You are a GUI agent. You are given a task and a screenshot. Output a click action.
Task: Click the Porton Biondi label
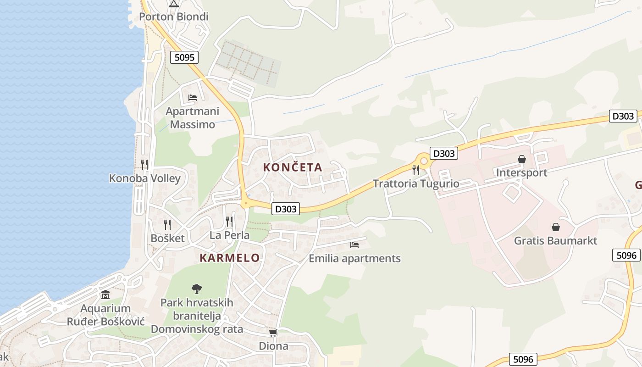173,17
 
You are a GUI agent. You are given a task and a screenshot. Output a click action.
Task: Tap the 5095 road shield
185,57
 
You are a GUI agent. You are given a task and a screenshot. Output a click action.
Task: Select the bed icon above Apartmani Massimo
193,98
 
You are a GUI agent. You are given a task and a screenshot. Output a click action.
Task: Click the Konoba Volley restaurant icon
144,164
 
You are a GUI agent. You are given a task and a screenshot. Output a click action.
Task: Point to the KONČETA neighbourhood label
293,167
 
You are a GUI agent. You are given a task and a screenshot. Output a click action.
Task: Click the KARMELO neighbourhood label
230,258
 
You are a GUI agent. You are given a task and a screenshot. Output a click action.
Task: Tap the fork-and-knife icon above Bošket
167,224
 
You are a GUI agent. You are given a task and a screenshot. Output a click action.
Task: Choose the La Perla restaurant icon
229,222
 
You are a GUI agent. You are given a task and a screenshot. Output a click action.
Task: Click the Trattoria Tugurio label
416,183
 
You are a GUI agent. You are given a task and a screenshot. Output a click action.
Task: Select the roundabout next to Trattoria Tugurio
424,161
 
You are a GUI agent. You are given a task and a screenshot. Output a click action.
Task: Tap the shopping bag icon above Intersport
522,159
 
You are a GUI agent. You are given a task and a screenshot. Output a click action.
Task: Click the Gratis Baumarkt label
555,240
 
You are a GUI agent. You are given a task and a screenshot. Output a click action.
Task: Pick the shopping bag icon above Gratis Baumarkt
556,227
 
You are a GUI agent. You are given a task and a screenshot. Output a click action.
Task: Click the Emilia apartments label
354,258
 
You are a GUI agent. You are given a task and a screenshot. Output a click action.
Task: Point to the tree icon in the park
197,289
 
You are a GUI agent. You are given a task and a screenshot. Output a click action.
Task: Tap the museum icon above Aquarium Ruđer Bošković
105,295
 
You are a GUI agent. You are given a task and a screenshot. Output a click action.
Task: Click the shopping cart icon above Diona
273,333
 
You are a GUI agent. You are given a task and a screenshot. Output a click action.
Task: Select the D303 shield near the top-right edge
623,116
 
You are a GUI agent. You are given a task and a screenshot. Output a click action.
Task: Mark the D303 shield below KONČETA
286,209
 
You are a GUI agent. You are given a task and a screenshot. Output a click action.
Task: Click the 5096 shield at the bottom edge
523,359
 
